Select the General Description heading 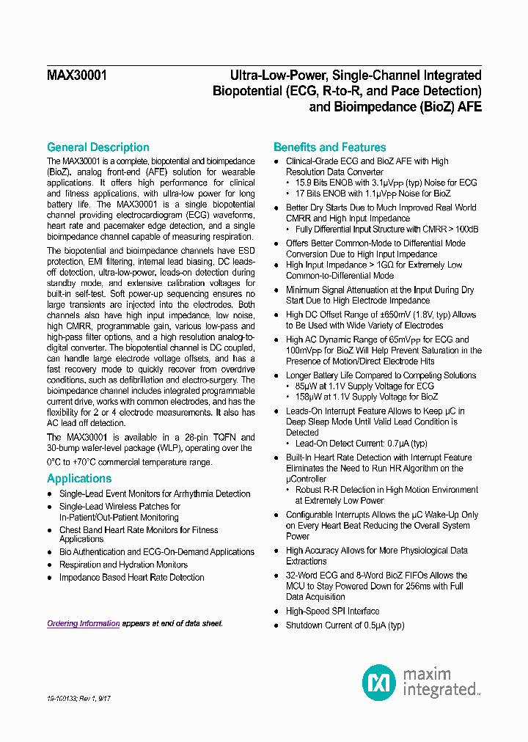pos(98,147)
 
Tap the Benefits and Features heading pos(329,147)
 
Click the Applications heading pos(79,479)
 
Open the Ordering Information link pos(83,623)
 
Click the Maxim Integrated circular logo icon pos(378,682)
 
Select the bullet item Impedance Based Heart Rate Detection pos(131,577)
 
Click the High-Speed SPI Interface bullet pos(332,611)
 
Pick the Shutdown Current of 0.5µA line pos(345,625)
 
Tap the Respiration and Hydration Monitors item pos(123,565)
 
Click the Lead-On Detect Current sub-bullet pos(348,444)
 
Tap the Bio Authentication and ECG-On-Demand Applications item pos(157,552)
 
